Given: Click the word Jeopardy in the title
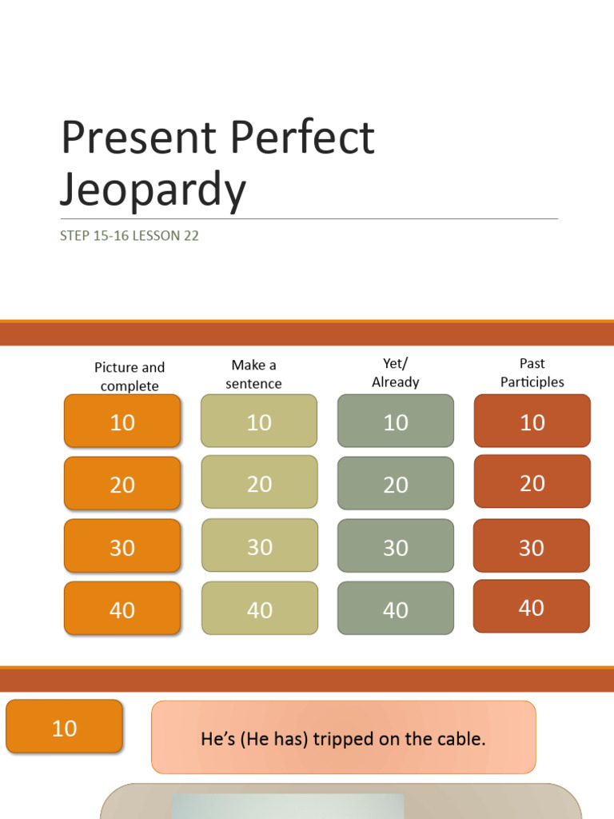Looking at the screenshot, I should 153,190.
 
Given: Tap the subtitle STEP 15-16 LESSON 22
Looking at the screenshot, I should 129,236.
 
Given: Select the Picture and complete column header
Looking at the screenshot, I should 130,377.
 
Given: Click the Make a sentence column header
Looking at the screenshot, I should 253,374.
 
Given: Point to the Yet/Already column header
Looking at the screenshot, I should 395,373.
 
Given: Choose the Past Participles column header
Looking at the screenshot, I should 532,373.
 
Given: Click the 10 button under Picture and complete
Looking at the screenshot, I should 122,421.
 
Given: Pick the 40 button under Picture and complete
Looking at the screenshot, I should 122,609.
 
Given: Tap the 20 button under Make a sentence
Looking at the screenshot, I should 259,483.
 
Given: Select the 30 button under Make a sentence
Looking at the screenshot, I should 260,546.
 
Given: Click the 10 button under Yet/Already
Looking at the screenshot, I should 396,421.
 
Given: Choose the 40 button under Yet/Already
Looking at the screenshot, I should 396,609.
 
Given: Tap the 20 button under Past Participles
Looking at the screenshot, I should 532,482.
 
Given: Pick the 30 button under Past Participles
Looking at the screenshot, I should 532,547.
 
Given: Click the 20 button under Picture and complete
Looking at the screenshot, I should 122,484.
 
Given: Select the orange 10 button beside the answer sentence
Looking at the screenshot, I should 64,727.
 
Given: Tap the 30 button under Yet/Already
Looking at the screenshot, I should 396,547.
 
